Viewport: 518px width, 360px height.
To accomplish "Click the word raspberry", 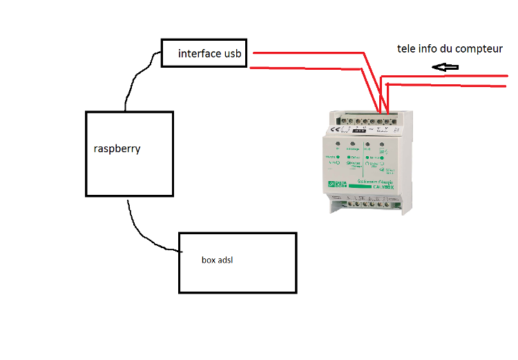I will [x=117, y=149].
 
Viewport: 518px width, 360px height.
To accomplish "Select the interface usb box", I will [x=204, y=53].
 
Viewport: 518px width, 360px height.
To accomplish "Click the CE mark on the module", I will [x=334, y=129].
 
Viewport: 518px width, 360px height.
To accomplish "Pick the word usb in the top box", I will [x=233, y=53].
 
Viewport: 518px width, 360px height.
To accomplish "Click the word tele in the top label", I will [x=407, y=49].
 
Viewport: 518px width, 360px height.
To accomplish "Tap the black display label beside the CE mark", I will [x=359, y=129].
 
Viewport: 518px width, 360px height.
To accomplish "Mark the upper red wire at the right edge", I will [x=508, y=75].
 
